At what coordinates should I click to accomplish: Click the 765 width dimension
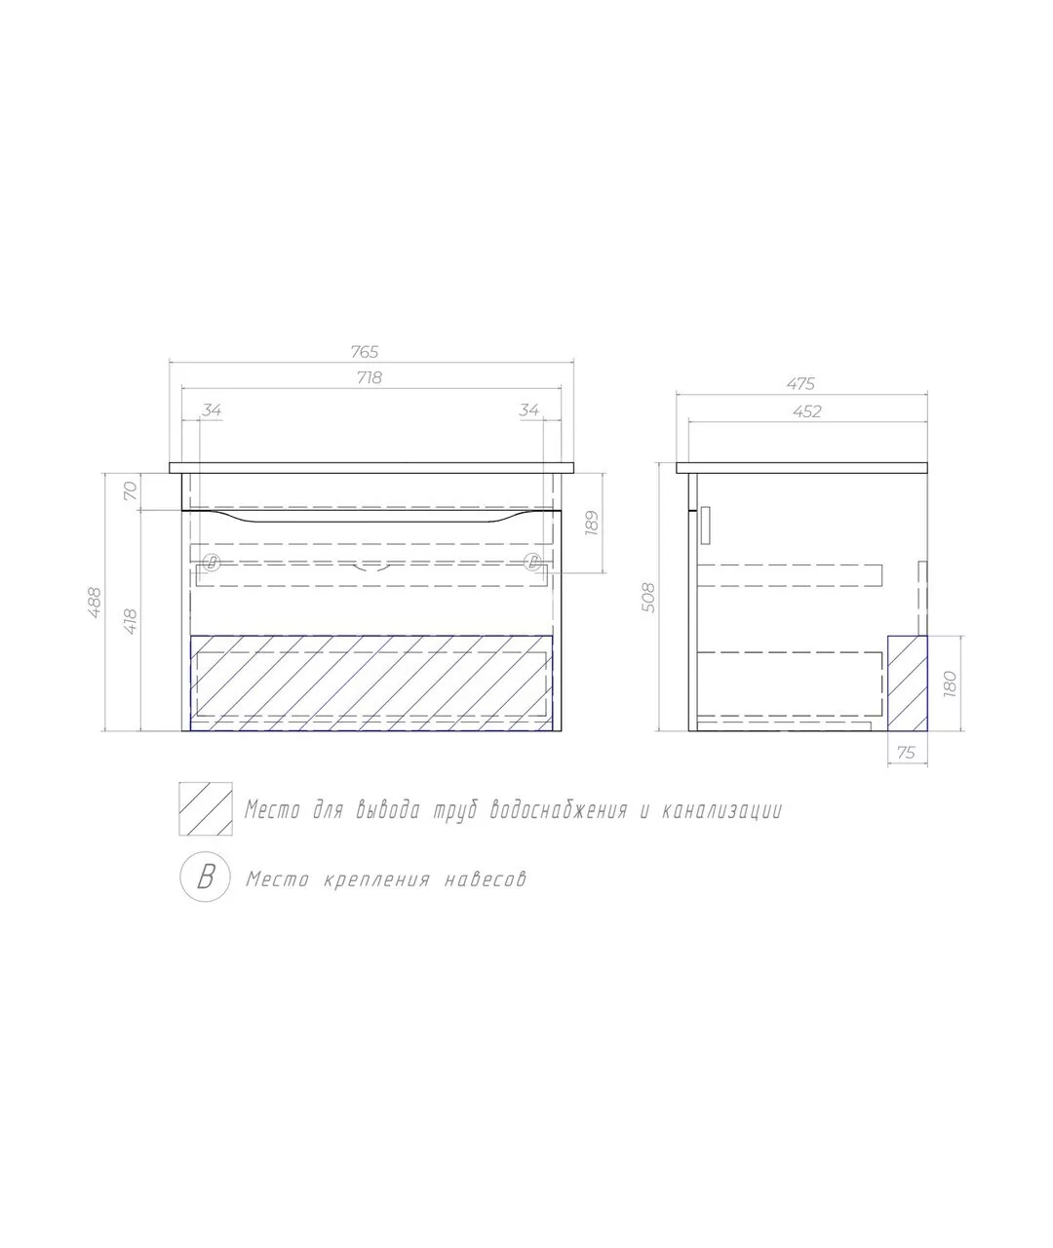click(365, 352)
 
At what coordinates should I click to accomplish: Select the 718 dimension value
click(370, 377)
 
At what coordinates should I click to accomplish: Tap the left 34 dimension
click(212, 410)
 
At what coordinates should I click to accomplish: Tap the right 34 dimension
click(528, 410)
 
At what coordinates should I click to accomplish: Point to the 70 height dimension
click(131, 490)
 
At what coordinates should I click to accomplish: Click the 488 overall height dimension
click(95, 604)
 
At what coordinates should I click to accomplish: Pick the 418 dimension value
click(131, 622)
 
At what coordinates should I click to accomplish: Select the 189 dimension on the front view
click(592, 523)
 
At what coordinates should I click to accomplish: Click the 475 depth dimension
click(800, 384)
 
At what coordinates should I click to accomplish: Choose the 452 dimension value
click(806, 411)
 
